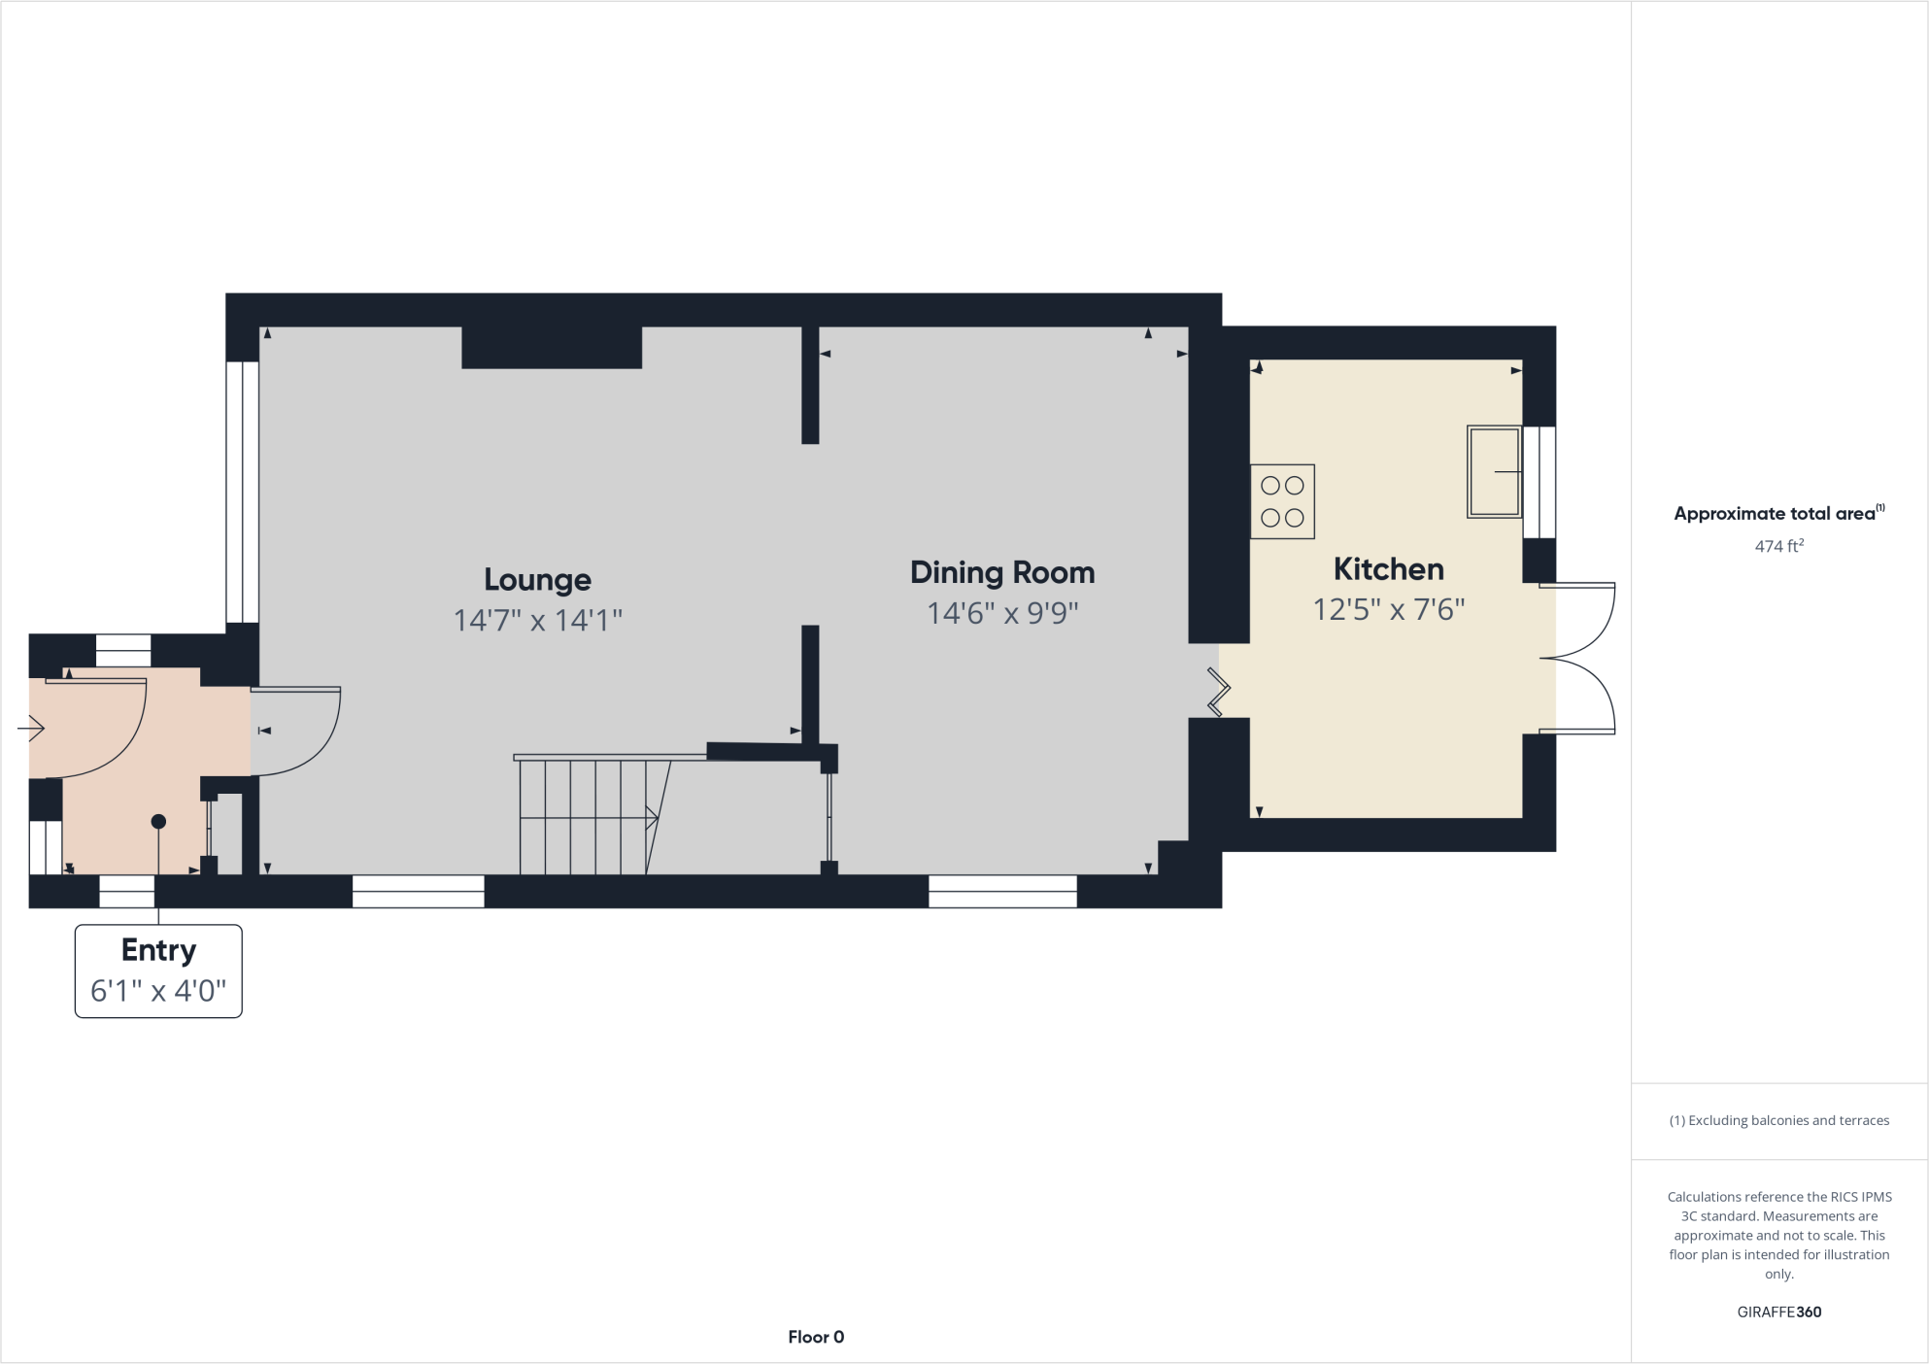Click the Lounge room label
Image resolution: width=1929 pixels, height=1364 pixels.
(537, 580)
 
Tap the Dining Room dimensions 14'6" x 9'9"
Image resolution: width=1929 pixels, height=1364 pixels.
(1002, 614)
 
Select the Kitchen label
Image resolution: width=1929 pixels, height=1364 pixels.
(1388, 569)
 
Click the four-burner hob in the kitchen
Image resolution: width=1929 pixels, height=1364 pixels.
(1282, 501)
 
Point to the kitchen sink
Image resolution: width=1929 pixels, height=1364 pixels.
(1493, 471)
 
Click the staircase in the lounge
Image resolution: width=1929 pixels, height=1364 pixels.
(588, 816)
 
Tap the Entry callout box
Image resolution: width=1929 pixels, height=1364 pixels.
(158, 971)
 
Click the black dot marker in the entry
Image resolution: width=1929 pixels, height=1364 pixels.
(158, 822)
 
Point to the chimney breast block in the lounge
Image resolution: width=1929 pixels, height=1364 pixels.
(551, 348)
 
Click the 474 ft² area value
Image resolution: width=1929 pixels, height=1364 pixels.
(1778, 546)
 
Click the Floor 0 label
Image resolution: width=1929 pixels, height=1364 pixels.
(816, 1337)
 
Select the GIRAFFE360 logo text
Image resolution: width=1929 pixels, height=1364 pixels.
(1778, 1312)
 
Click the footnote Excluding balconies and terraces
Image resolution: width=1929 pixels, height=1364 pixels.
(1778, 1120)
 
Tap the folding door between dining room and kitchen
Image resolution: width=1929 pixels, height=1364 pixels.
(1218, 692)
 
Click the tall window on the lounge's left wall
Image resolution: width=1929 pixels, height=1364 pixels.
(242, 492)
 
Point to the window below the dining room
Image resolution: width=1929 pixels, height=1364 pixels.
(1002, 891)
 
